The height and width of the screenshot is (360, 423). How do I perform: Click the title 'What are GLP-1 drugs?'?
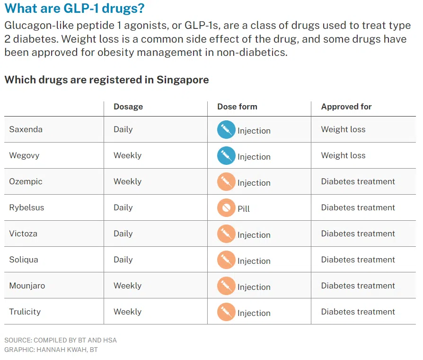[74, 9]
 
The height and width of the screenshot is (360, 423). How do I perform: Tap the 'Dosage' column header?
[128, 107]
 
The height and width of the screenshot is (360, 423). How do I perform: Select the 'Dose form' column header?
[237, 107]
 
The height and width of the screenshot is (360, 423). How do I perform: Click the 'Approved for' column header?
[346, 107]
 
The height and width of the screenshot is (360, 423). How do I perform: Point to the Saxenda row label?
[26, 129]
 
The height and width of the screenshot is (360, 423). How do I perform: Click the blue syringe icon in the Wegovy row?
[226, 155]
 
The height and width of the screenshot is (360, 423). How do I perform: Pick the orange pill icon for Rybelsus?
[226, 207]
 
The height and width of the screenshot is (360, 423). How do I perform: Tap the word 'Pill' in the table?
[244, 209]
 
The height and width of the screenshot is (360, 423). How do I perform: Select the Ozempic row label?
[26, 181]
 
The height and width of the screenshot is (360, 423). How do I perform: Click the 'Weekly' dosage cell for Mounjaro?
[128, 286]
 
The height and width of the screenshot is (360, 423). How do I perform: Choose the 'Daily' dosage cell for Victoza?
[123, 234]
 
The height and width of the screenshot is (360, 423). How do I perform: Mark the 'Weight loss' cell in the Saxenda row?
[343, 129]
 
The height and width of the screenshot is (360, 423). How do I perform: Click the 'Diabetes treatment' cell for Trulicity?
[358, 312]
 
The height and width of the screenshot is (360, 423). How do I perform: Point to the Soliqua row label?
[24, 260]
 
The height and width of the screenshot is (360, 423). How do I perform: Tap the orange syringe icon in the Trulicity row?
[226, 312]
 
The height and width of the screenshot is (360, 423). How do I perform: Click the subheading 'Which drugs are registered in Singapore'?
[107, 80]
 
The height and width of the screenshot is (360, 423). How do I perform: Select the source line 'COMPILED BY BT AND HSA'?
[75, 340]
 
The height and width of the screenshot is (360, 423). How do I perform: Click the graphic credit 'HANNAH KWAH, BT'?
[67, 350]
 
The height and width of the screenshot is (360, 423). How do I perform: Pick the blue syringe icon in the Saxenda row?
[226, 130]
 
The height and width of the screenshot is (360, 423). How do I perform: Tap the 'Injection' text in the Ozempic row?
[254, 183]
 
